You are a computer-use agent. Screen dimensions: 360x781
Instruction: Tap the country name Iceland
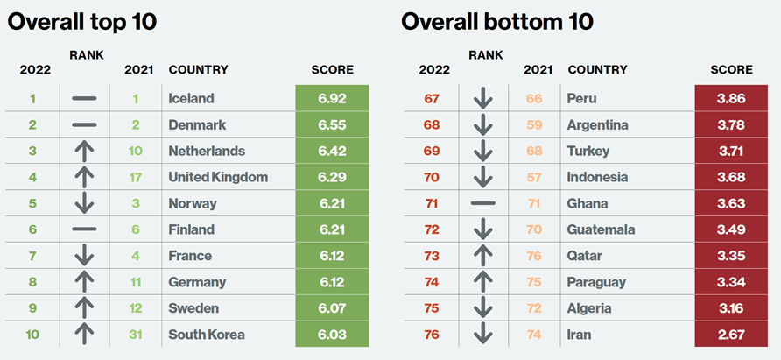(191, 99)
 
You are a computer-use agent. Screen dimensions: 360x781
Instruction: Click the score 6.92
(332, 99)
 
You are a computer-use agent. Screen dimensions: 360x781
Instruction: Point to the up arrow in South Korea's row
(84, 335)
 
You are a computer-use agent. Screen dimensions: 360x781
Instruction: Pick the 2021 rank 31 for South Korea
(136, 335)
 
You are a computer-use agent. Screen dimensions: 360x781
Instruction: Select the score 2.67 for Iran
(731, 335)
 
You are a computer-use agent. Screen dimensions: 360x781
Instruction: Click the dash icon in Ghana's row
(482, 203)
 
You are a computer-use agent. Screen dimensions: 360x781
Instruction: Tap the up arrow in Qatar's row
(482, 256)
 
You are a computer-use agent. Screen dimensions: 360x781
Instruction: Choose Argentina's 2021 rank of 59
(534, 125)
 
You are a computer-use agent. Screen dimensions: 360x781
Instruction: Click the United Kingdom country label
(218, 178)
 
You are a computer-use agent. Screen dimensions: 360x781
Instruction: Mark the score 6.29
(332, 178)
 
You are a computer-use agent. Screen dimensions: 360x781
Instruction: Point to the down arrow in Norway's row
(84, 203)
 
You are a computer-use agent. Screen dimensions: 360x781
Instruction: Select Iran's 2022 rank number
(431, 335)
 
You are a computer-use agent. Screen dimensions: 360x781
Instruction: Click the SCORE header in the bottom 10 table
(731, 70)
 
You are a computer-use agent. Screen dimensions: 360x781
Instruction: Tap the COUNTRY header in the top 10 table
(198, 70)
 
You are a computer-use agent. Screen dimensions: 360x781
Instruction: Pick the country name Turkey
(588, 152)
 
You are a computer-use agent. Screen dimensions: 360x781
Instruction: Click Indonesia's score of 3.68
(731, 178)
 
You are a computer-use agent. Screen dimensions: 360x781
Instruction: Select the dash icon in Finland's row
(84, 229)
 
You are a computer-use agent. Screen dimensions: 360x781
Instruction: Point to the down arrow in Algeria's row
(482, 308)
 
